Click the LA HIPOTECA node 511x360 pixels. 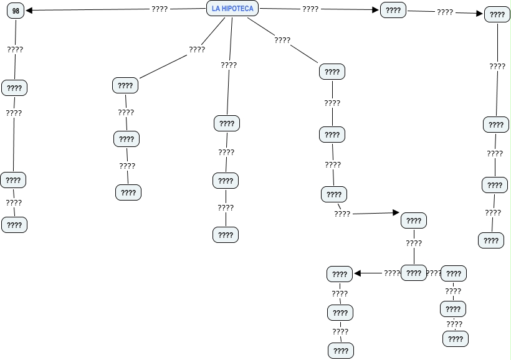pyautogui.click(x=232, y=9)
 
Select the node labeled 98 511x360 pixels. pyautogui.click(x=16, y=11)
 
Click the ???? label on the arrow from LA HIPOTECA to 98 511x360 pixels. pyautogui.click(x=160, y=9)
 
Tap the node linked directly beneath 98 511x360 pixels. pyautogui.click(x=14, y=88)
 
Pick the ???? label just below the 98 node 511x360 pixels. pyautogui.click(x=15, y=49)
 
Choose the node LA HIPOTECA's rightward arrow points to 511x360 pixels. pyautogui.click(x=393, y=11)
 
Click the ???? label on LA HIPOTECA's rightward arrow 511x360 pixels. pyautogui.click(x=310, y=9)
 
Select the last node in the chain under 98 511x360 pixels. pyautogui.click(x=14, y=225)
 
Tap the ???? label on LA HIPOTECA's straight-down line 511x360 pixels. pyautogui.click(x=229, y=65)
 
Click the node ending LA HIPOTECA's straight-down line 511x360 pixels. pyautogui.click(x=227, y=123)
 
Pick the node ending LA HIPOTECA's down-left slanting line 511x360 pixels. pyautogui.click(x=125, y=85)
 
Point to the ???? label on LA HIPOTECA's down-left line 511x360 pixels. pyautogui.click(x=197, y=49)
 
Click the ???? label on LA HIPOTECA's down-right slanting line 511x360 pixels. pyautogui.click(x=282, y=40)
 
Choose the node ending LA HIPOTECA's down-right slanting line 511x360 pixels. pyautogui.click(x=332, y=72)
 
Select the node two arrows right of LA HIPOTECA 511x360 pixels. pyautogui.click(x=497, y=14)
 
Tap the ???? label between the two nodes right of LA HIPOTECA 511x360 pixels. pyautogui.click(x=445, y=12)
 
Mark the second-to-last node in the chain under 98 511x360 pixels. pyautogui.click(x=13, y=180)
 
